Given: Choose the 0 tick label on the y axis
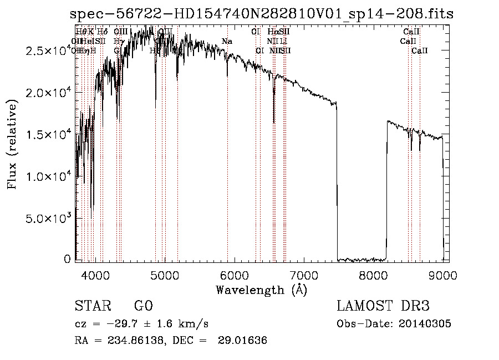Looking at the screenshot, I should (x=68, y=259).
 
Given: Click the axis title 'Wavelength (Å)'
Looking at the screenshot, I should (x=261, y=290).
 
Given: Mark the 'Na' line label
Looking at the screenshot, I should (x=227, y=41).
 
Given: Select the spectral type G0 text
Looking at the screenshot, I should (x=143, y=307).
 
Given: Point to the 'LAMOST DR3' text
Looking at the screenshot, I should (x=383, y=307).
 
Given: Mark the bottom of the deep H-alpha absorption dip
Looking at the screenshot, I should (x=274, y=123).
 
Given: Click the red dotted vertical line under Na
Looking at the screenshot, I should (x=227, y=166).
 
